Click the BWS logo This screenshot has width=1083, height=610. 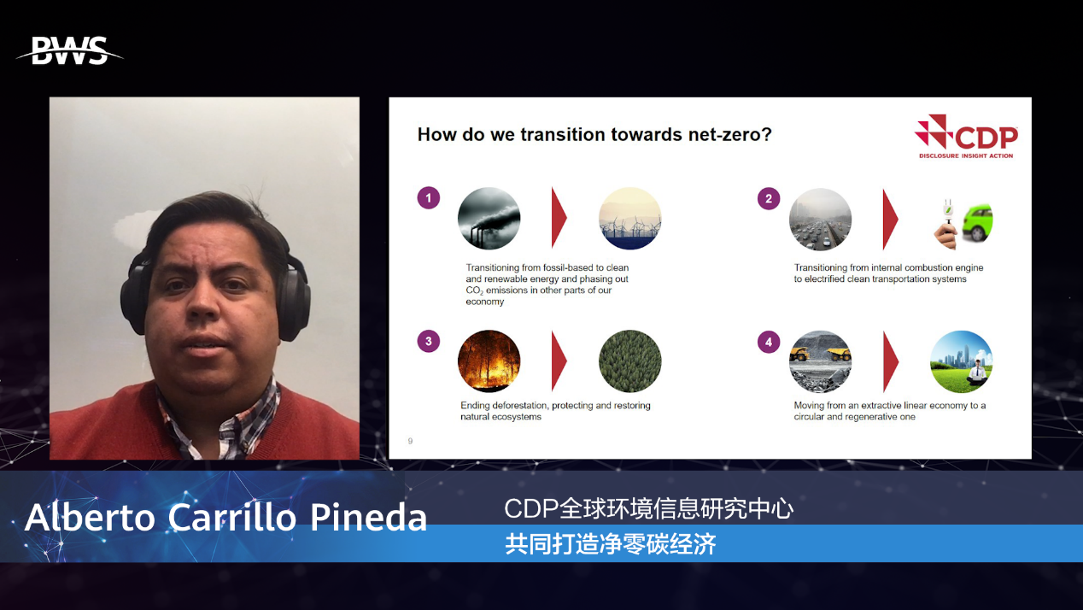click(70, 50)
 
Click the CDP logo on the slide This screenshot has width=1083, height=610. click(966, 137)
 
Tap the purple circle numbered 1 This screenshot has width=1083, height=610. click(429, 198)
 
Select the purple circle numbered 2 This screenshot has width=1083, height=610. click(768, 198)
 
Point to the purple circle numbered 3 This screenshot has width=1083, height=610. click(429, 342)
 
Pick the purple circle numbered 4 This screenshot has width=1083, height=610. click(768, 343)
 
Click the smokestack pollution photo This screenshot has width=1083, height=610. click(489, 219)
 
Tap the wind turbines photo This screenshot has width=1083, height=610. click(630, 219)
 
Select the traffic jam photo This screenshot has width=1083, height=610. click(821, 220)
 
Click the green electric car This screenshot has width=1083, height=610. click(977, 222)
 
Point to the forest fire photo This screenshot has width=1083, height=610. click(489, 361)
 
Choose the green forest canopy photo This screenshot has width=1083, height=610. click(630, 361)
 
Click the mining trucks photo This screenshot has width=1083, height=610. click(821, 362)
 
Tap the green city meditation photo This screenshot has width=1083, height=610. click(961, 362)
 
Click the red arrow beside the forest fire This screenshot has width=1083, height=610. click(559, 361)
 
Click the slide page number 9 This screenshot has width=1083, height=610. click(410, 441)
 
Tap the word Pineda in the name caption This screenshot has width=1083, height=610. click(368, 517)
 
